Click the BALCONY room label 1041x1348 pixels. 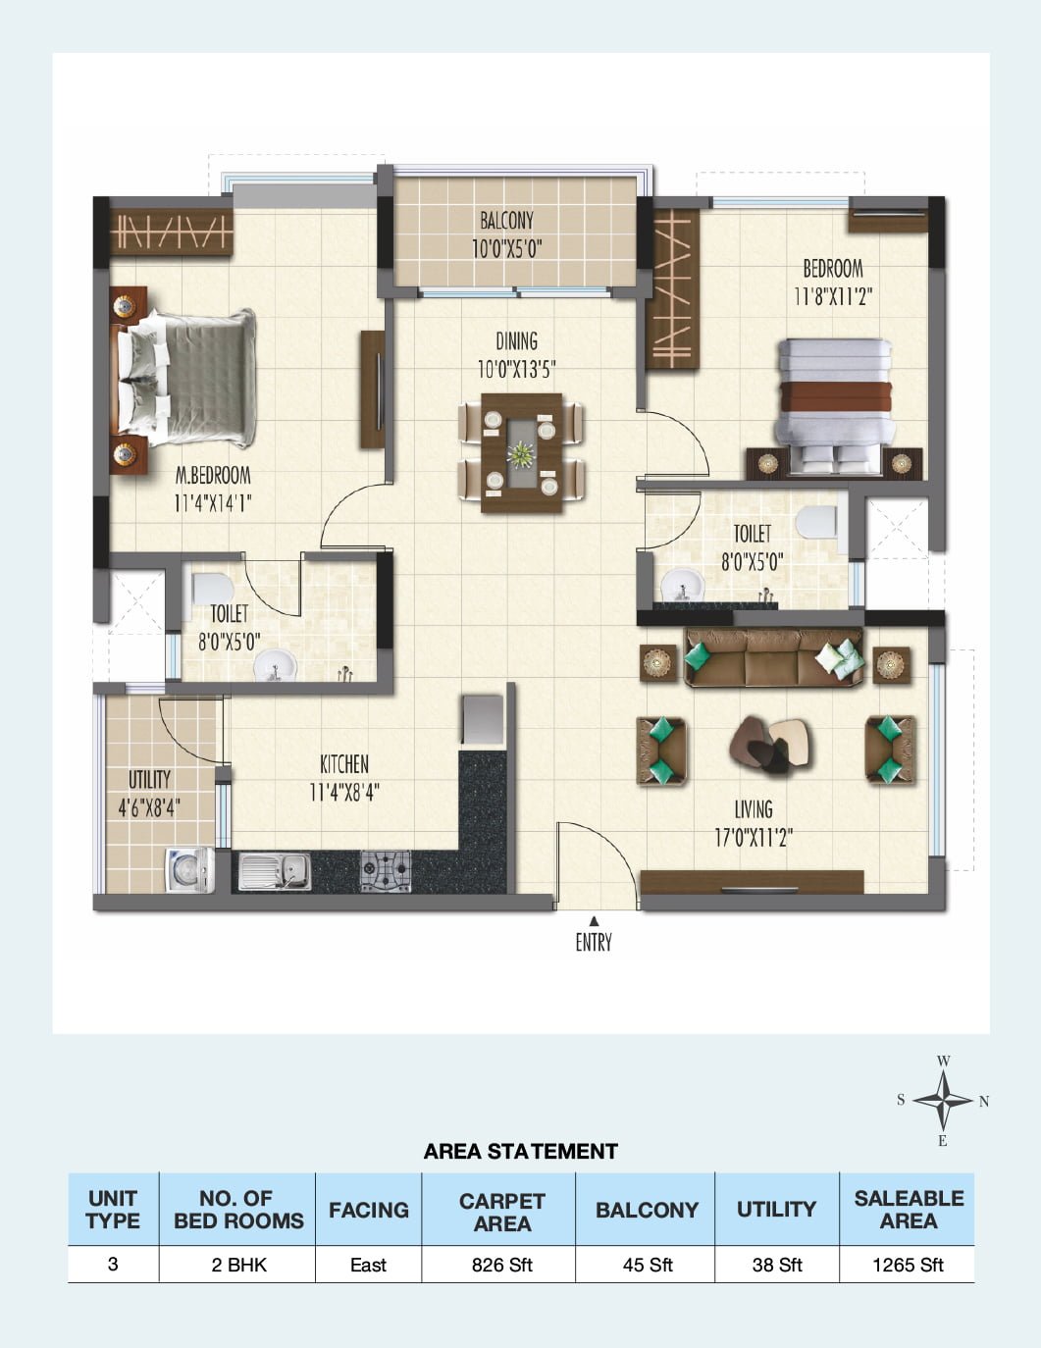(506, 220)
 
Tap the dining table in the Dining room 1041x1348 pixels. (521, 453)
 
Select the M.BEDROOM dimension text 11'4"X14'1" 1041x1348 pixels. (213, 504)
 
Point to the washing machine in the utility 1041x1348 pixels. (189, 869)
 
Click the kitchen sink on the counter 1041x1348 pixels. (275, 871)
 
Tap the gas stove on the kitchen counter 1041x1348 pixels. (385, 871)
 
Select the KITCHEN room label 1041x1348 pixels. (344, 763)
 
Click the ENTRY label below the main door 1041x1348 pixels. (593, 943)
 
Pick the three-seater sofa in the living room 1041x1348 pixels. (774, 658)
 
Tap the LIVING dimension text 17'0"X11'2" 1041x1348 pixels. (753, 838)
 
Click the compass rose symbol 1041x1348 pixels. (943, 1100)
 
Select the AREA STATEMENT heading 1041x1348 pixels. (520, 1151)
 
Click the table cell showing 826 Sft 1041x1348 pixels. (501, 1265)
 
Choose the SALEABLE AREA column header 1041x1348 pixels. (908, 1210)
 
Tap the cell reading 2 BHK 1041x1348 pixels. (237, 1265)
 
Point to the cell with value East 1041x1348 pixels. (368, 1265)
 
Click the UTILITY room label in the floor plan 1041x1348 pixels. (149, 779)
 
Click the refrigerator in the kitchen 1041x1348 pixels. (482, 719)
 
